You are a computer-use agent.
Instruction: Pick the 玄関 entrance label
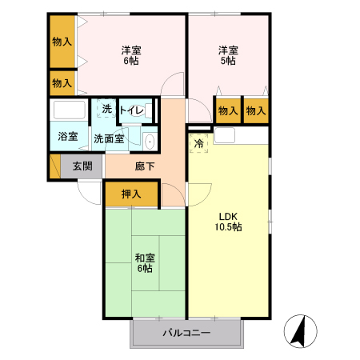[82, 166]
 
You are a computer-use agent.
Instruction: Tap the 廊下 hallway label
[145, 166]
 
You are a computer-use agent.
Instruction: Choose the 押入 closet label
[131, 194]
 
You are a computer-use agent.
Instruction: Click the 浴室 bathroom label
[67, 137]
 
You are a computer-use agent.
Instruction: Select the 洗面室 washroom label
[108, 138]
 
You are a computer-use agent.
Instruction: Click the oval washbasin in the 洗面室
[150, 141]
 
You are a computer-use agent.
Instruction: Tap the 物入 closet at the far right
[255, 110]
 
